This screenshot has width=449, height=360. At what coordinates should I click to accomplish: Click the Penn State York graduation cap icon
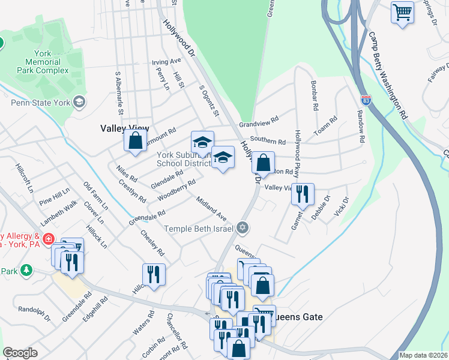click(79, 101)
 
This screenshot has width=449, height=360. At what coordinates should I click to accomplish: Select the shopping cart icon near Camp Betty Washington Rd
click(402, 12)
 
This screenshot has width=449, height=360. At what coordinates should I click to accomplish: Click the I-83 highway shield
click(366, 100)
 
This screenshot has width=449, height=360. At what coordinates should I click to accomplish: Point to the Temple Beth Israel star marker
click(242, 227)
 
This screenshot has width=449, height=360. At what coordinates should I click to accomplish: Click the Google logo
click(20, 352)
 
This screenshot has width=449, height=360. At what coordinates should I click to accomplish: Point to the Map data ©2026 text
click(423, 355)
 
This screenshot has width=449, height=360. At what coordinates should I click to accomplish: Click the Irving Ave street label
click(166, 62)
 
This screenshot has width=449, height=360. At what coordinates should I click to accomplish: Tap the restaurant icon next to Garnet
click(303, 193)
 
